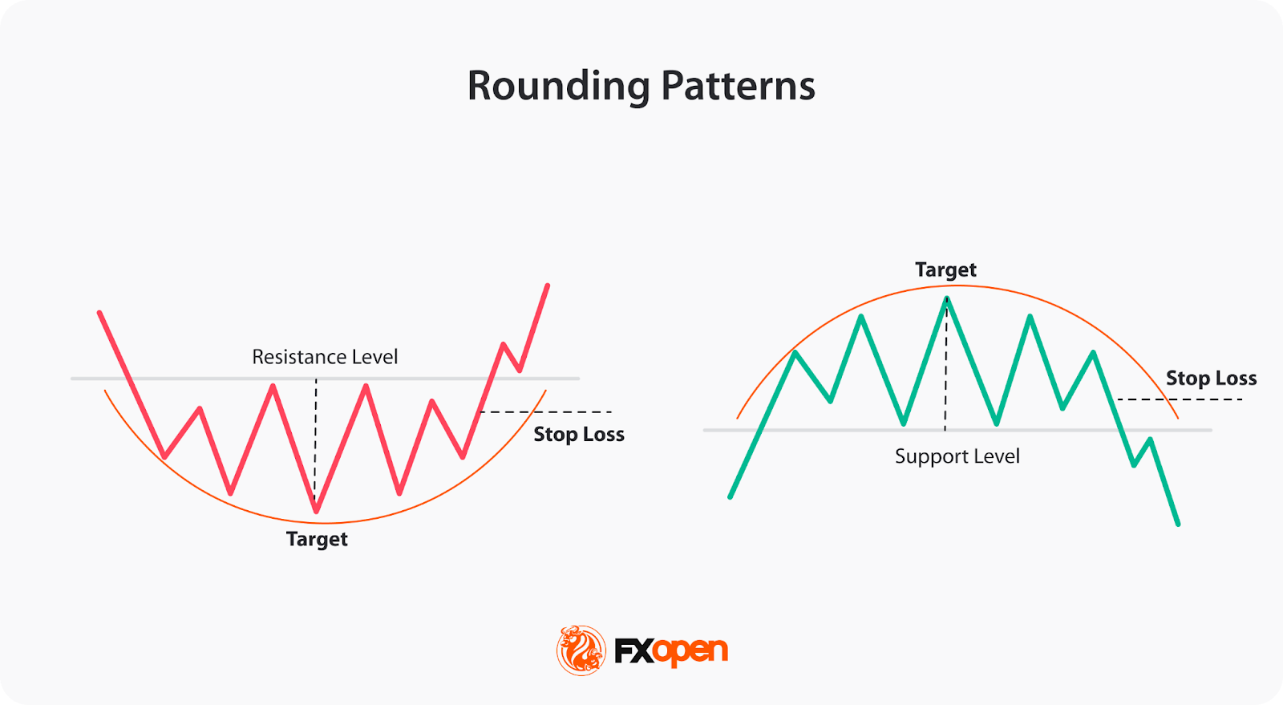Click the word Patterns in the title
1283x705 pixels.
(x=739, y=86)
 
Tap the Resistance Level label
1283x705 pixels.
(x=325, y=357)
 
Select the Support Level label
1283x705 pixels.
(x=957, y=456)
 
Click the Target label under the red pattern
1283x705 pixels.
(x=317, y=540)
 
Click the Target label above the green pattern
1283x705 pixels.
(x=945, y=269)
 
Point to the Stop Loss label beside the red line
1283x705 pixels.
(x=579, y=434)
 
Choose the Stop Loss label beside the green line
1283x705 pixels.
(x=1212, y=378)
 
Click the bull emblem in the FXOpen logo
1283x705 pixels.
(x=581, y=650)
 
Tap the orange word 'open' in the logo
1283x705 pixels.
(x=691, y=652)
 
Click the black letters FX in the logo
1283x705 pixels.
(x=634, y=651)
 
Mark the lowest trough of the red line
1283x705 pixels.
(x=316, y=510)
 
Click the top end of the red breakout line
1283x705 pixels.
(x=548, y=286)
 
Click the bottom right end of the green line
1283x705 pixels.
(x=1178, y=524)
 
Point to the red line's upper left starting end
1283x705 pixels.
(x=99, y=314)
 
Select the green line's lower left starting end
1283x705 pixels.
(x=731, y=496)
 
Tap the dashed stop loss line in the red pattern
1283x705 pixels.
(x=546, y=411)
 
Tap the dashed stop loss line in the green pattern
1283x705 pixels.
(x=1180, y=399)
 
